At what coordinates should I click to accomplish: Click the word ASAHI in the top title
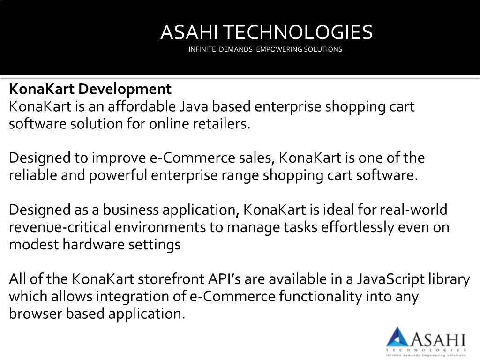(189, 32)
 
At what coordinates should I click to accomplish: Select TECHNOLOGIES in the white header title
(298, 32)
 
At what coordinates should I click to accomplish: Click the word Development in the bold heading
(125, 90)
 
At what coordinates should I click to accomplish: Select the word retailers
(222, 124)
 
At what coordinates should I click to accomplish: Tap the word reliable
(33, 175)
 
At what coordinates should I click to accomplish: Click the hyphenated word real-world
(413, 210)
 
